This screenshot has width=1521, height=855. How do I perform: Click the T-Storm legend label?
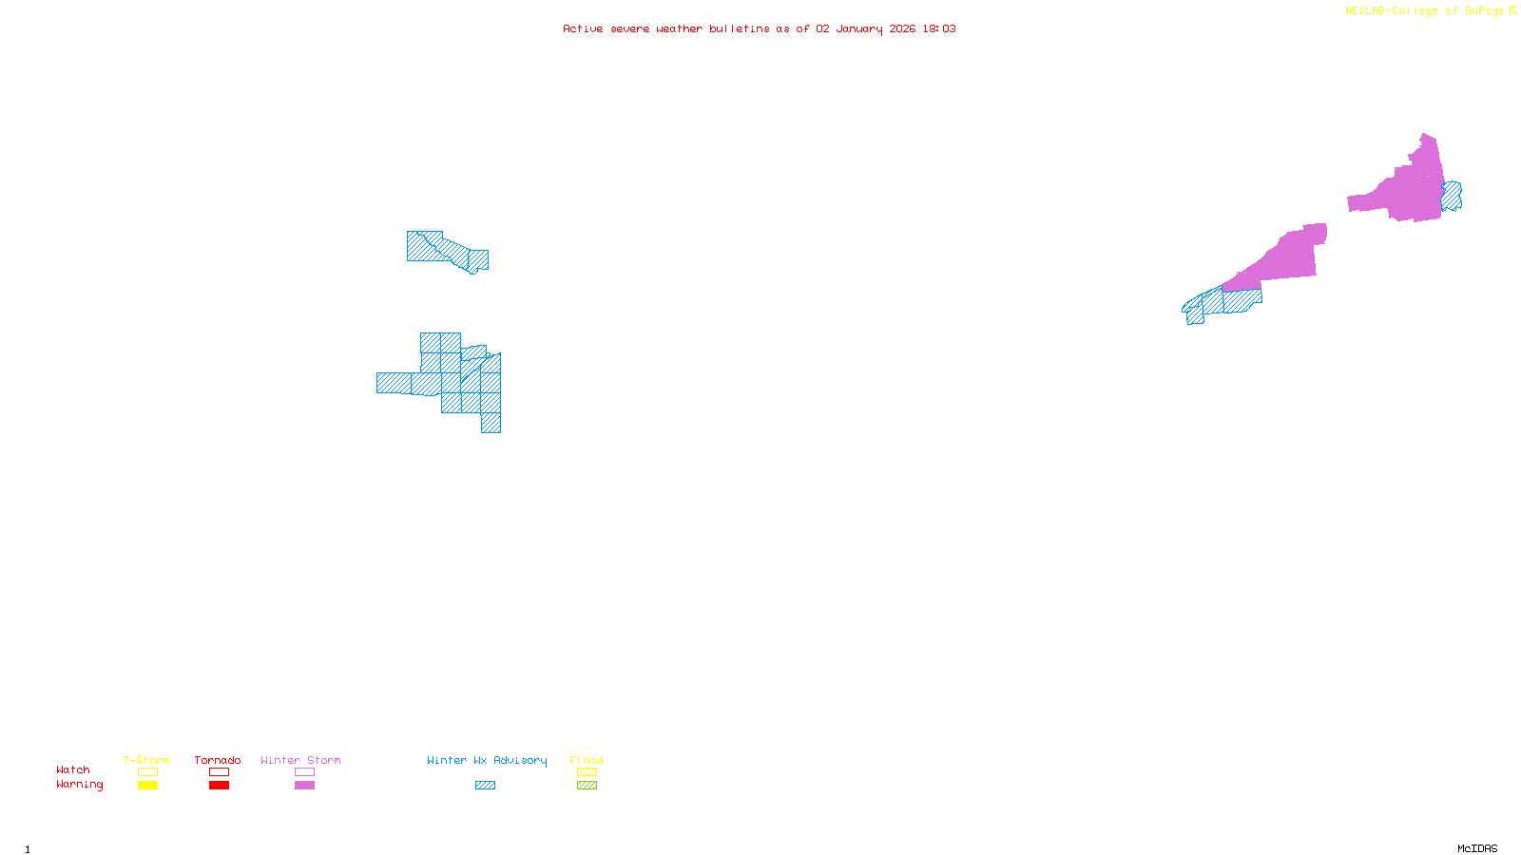pyautogui.click(x=146, y=760)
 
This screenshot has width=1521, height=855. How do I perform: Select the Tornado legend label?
pyautogui.click(x=218, y=760)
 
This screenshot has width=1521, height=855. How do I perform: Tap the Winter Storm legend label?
pyautogui.click(x=300, y=760)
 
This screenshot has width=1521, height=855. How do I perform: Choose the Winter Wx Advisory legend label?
pyautogui.click(x=487, y=760)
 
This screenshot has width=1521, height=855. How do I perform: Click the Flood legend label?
pyautogui.click(x=587, y=760)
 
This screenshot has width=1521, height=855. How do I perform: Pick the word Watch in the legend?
pyautogui.click(x=73, y=769)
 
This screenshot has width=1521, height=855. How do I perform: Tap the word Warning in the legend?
pyautogui.click(x=79, y=785)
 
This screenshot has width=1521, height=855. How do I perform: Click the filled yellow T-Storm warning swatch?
pyautogui.click(x=147, y=786)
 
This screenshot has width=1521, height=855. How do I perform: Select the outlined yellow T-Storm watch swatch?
pyautogui.click(x=147, y=772)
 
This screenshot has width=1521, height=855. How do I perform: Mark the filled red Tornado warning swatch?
pyautogui.click(x=219, y=786)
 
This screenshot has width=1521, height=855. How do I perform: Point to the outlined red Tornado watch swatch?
pyautogui.click(x=219, y=772)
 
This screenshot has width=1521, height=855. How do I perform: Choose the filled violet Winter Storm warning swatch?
pyautogui.click(x=304, y=786)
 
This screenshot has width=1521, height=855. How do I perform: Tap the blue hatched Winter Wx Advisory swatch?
pyautogui.click(x=485, y=786)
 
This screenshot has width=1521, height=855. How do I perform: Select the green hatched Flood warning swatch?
pyautogui.click(x=587, y=786)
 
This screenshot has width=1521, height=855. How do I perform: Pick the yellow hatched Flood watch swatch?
pyautogui.click(x=587, y=772)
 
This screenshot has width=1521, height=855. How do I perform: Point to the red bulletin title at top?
pyautogui.click(x=759, y=28)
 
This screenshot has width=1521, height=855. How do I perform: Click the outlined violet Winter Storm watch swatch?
pyautogui.click(x=304, y=772)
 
